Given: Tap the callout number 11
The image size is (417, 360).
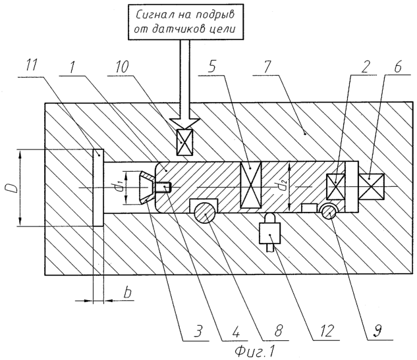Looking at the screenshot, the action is click(x=32, y=65).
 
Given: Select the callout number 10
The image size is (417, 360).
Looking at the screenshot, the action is click(x=121, y=66).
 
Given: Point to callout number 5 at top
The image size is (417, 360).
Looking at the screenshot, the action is click(x=212, y=66).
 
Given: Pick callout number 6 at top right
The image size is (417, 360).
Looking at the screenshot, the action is click(x=397, y=66).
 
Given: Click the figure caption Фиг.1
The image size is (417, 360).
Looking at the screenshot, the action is click(x=254, y=352).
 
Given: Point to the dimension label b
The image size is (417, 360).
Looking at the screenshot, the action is click(x=128, y=292).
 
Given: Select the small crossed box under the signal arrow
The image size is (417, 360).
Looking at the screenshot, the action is click(x=184, y=142).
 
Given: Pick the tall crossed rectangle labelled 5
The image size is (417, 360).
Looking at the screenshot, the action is click(x=251, y=185).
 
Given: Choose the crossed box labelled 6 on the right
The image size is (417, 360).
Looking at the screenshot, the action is click(x=372, y=187).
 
